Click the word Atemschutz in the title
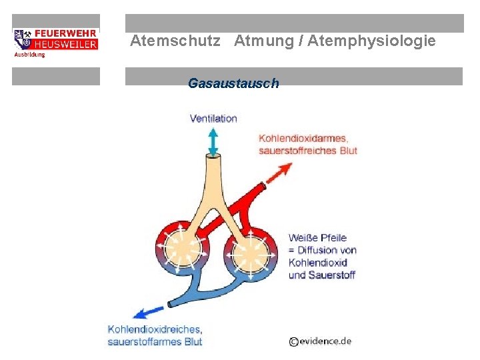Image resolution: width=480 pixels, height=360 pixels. (x=175, y=41)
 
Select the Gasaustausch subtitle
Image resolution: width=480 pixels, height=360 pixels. (x=233, y=83)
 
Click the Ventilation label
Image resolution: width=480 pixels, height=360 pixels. (x=213, y=119)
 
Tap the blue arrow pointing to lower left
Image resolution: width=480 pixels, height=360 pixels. (x=151, y=311)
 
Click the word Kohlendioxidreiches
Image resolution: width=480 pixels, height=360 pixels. (x=155, y=329)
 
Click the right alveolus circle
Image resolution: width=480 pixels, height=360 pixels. (x=251, y=251)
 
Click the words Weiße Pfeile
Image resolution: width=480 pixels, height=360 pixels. (x=317, y=238)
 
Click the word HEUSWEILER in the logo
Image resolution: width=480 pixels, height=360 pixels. (x=65, y=44)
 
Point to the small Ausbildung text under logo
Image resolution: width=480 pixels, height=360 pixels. (x=30, y=55)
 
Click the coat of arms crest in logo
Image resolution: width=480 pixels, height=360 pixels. (x=23, y=39)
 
